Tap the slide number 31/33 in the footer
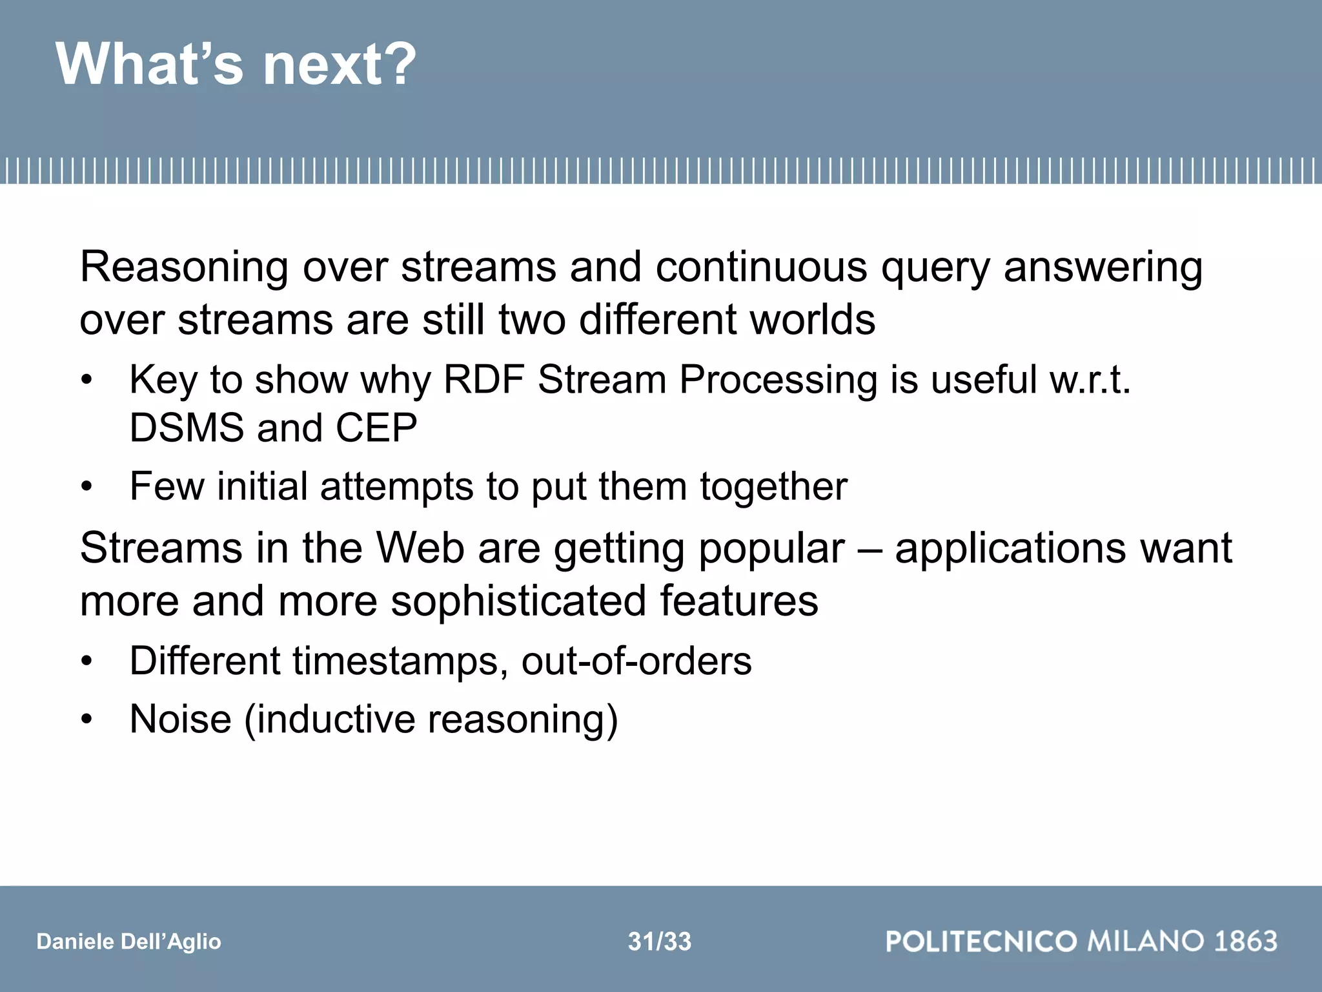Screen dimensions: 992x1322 [659, 942]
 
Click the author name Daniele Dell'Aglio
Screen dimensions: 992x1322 [128, 942]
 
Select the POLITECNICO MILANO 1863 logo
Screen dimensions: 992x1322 [1081, 941]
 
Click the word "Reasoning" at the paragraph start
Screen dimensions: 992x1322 [183, 267]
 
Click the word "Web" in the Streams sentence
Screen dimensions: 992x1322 [420, 548]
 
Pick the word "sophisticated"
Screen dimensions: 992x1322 [518, 602]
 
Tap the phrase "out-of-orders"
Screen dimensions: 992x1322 [636, 661]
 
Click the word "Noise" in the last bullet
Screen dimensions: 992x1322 [180, 719]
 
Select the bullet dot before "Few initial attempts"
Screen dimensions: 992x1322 [87, 486]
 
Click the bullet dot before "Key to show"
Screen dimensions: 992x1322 [87, 380]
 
